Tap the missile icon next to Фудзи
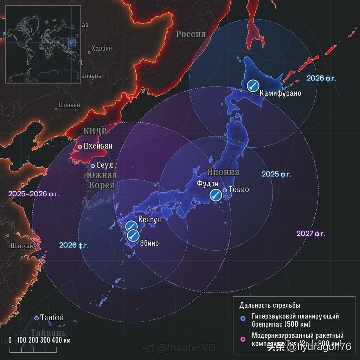tap(215, 195)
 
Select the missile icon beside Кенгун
tap(131, 226)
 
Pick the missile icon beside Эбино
tap(133, 235)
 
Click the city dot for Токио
tap(225, 190)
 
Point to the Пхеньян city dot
tap(80, 147)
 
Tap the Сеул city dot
tap(93, 166)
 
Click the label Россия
tap(191, 34)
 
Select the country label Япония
tap(223, 172)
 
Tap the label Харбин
tap(102, 48)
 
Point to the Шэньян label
tap(69, 105)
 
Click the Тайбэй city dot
tap(37, 318)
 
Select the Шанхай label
tap(22, 245)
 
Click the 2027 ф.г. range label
tap(311, 233)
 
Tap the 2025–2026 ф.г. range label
tap(34, 194)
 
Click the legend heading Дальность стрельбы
tap(270, 305)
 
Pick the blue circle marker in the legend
tap(242, 319)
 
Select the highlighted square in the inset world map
tap(71, 42)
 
